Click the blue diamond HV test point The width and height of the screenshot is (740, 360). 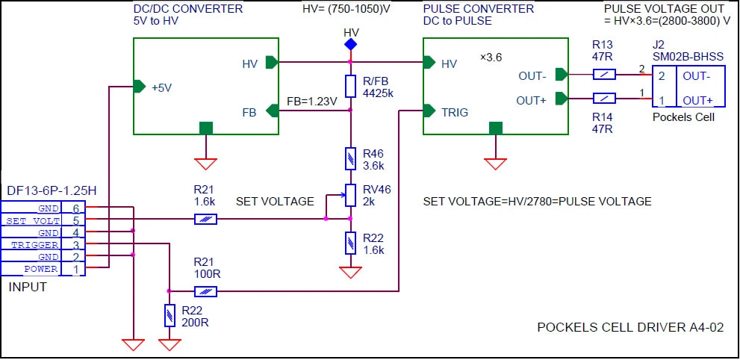(x=350, y=44)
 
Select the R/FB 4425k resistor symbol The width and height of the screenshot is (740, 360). (x=350, y=86)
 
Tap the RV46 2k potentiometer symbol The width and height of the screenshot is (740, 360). (x=350, y=195)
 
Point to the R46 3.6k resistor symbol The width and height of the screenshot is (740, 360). (x=350, y=158)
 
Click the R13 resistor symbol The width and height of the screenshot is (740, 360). (x=604, y=74)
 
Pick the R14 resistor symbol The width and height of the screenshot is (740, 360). (x=604, y=98)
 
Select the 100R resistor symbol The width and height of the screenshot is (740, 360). (x=205, y=291)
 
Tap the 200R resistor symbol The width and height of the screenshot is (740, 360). (x=170, y=316)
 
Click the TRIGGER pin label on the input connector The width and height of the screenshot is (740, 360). (x=35, y=245)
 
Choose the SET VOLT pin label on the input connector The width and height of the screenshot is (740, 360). (x=33, y=221)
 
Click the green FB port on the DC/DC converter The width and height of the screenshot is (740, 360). (x=273, y=111)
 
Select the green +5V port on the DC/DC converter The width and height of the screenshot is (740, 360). (x=140, y=87)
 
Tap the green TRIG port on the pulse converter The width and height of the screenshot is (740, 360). (x=429, y=111)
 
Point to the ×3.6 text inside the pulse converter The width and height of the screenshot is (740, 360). (x=491, y=58)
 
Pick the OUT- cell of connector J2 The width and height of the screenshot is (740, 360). (x=695, y=76)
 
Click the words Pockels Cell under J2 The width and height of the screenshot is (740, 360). (x=683, y=117)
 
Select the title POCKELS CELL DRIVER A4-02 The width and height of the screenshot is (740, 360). (x=630, y=327)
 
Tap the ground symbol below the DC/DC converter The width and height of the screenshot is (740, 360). (x=206, y=164)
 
